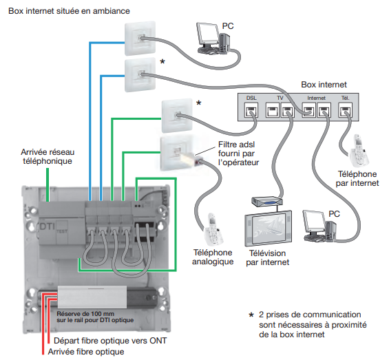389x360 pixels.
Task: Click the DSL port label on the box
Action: (x=251, y=98)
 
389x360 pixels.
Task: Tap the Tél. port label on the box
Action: (x=345, y=98)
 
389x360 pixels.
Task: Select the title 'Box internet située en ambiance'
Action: (x=69, y=11)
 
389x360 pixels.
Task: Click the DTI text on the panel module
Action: (x=47, y=226)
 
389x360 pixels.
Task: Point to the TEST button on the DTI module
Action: (x=62, y=231)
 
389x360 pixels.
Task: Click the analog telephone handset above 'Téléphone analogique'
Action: (x=213, y=229)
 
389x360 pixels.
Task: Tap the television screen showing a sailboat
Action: (x=269, y=229)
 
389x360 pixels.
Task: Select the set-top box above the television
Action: (x=267, y=202)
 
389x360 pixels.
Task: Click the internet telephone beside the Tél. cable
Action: (x=359, y=151)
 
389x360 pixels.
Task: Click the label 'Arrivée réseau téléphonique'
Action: (x=48, y=156)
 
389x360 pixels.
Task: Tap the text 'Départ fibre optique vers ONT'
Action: (x=110, y=341)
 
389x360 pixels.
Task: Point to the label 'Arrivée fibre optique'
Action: (x=86, y=352)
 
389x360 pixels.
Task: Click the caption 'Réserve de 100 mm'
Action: (x=85, y=314)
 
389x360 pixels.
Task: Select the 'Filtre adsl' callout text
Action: (x=236, y=145)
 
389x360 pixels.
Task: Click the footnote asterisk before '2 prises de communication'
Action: (x=251, y=315)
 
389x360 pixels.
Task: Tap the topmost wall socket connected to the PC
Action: (x=140, y=39)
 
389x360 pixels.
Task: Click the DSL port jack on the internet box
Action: (x=251, y=110)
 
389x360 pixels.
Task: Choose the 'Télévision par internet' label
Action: (x=267, y=257)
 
